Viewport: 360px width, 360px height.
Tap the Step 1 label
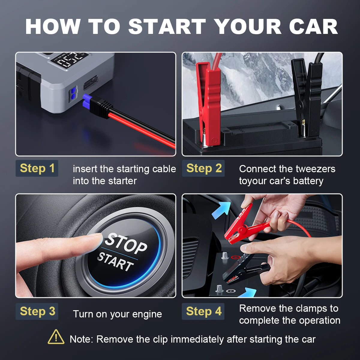click(x=37, y=168)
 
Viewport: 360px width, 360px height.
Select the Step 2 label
click(x=203, y=168)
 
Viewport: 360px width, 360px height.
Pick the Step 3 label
click(x=37, y=311)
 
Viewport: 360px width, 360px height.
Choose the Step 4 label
click(x=203, y=311)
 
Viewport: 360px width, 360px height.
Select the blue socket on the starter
click(x=73, y=94)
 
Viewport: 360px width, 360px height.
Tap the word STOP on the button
click(x=125, y=244)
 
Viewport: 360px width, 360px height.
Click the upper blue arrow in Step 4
click(x=222, y=210)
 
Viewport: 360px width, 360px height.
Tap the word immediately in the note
click(x=197, y=339)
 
